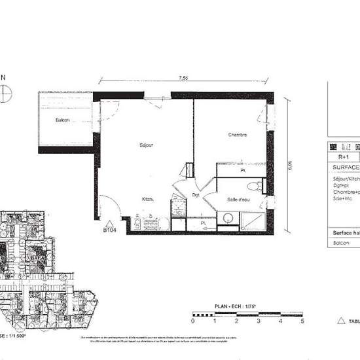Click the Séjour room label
[146, 145]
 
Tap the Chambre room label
[237, 135]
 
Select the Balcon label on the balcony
[63, 120]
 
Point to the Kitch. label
[149, 199]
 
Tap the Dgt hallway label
[195, 195]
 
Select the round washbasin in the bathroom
[228, 218]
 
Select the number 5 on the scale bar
[302, 321]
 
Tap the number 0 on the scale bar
[193, 321]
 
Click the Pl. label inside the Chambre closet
[242, 171]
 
